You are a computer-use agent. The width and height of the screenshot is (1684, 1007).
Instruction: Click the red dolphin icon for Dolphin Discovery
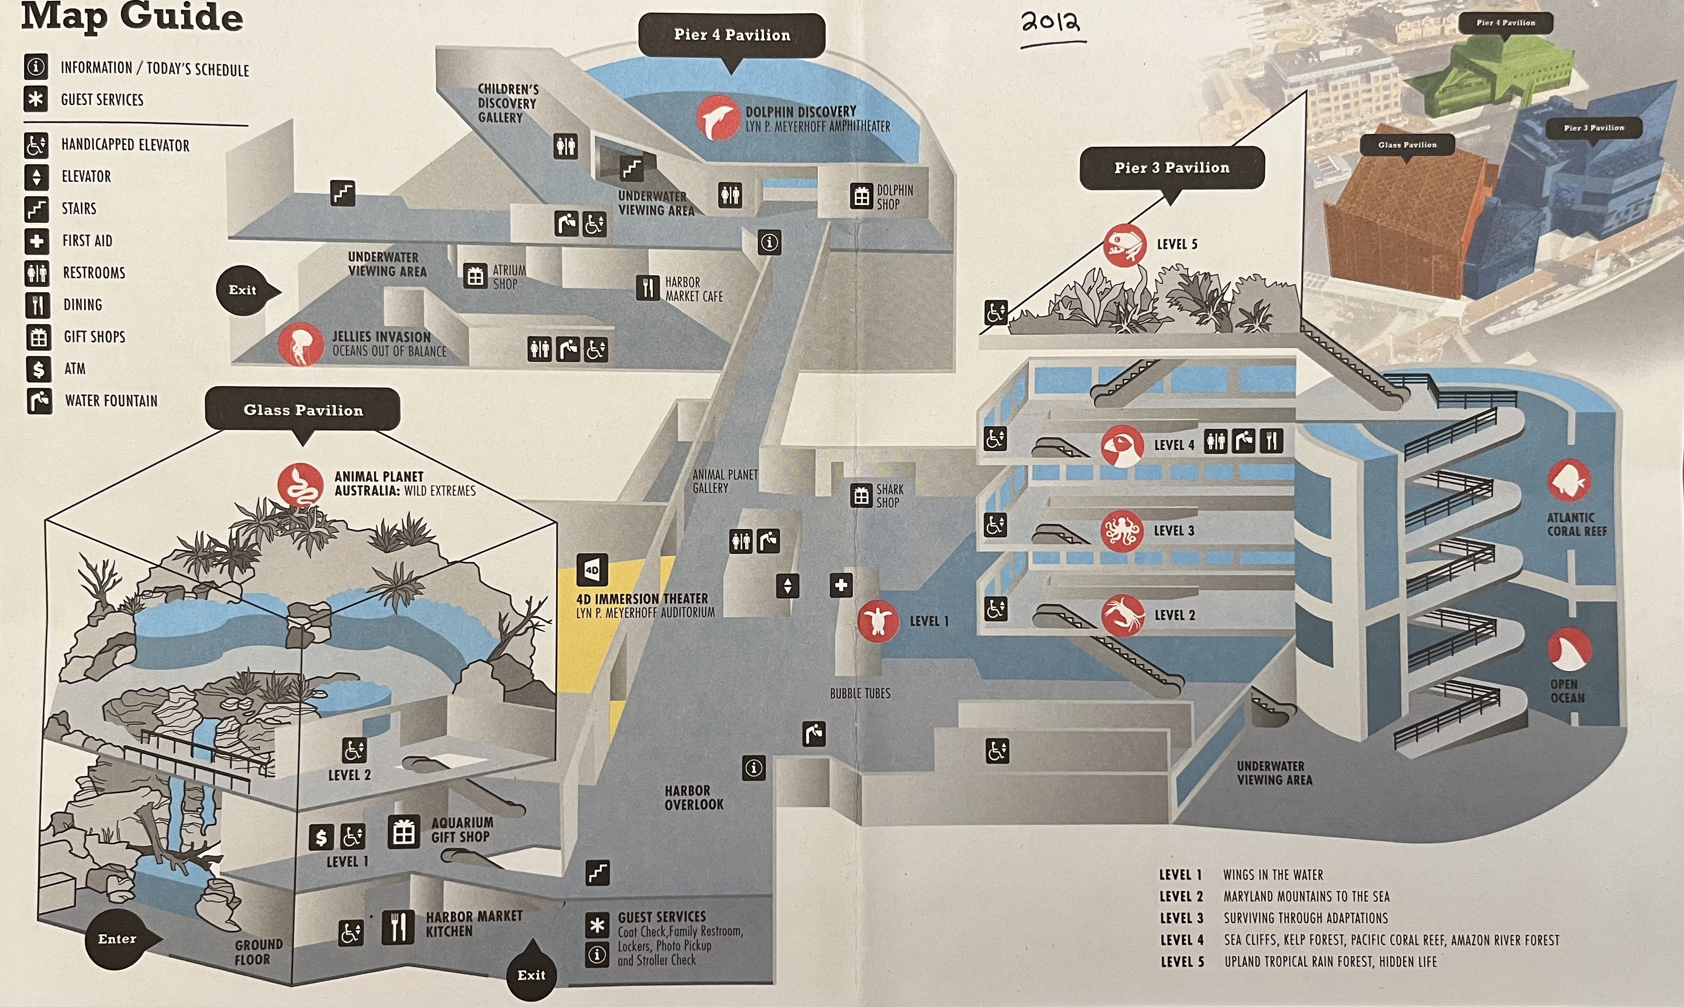[717, 117]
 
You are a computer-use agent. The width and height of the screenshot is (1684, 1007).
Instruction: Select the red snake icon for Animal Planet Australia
[300, 485]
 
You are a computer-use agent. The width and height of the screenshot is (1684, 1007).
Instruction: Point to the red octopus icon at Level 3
[1122, 531]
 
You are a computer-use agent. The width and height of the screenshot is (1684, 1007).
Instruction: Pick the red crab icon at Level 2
[1122, 615]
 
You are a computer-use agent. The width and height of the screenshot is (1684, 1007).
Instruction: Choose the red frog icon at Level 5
[1124, 245]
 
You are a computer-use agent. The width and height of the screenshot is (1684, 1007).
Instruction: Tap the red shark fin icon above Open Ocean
[1569, 648]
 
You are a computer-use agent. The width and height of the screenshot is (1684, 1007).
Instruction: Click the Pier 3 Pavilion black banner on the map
[1172, 168]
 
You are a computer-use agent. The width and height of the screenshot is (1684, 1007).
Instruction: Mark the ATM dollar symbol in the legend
[38, 368]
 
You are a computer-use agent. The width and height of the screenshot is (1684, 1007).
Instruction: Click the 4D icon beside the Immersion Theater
[592, 570]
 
